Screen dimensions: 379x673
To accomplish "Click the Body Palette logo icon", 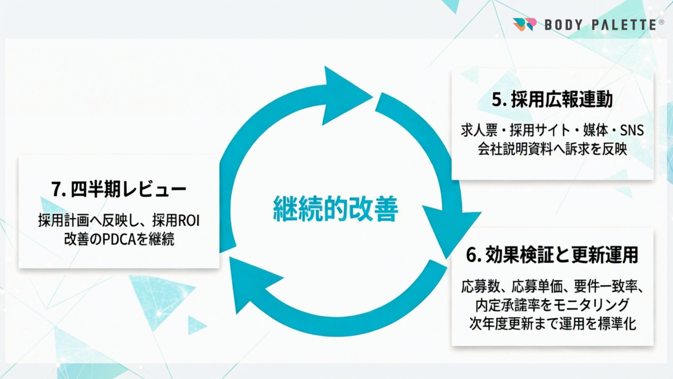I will pos(524,24).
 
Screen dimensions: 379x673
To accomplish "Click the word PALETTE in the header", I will pos(624,25).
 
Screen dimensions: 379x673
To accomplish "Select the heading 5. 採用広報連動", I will pos(552,99).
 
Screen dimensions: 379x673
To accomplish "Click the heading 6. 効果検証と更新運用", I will pos(552,255).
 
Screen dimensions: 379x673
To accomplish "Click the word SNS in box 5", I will pos(632,131).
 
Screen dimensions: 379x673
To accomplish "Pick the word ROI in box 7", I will pos(189,221).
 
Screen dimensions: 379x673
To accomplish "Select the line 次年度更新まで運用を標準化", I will pos(552,324).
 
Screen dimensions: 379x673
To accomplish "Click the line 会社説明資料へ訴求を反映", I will pos(552,149).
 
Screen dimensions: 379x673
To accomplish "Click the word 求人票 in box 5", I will pos(479,131).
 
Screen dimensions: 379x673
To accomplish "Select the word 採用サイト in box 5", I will pos(540,131).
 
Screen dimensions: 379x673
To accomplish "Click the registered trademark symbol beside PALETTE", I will pos(661,22).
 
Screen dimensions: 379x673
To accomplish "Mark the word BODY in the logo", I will pos(563,25).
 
